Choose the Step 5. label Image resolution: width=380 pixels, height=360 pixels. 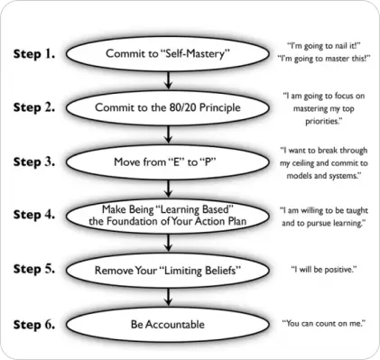pos(35,268)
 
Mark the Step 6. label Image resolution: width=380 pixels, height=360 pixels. pos(35,322)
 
